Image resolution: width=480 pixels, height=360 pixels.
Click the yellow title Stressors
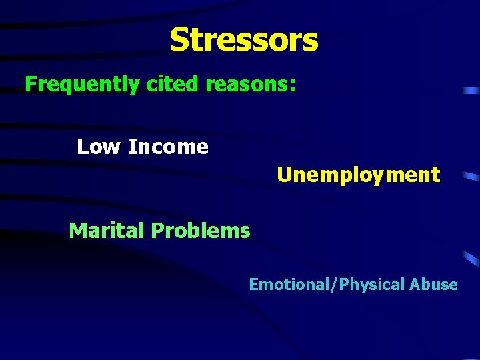pyautogui.click(x=244, y=40)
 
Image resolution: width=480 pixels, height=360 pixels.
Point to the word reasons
pyautogui.click(x=247, y=85)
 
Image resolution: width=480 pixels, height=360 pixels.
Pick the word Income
pyautogui.click(x=167, y=147)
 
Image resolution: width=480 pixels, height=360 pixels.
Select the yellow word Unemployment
pyautogui.click(x=359, y=175)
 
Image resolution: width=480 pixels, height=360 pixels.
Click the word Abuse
pyautogui.click(x=433, y=285)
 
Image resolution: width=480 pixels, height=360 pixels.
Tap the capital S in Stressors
pyautogui.click(x=179, y=40)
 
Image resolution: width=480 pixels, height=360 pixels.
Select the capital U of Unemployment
pyautogui.click(x=284, y=175)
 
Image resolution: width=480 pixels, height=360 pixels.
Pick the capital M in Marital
pyautogui.click(x=77, y=231)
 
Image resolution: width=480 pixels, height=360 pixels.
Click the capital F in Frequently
pyautogui.click(x=30, y=85)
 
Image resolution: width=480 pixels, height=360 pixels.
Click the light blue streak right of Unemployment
pyautogui.click(x=471, y=177)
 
